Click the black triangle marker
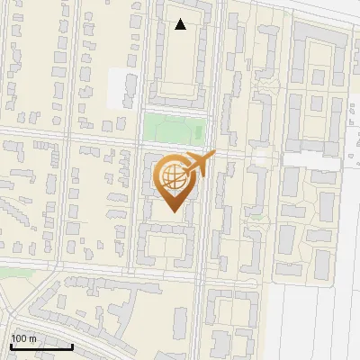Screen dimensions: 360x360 click(x=181, y=24)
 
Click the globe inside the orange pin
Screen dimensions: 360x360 click(x=171, y=176)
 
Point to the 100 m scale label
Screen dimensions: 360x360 click(x=23, y=338)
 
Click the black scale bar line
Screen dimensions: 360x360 click(x=40, y=346)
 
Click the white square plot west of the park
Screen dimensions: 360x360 click(x=121, y=86)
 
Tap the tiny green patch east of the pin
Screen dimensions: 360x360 click(x=258, y=215)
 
